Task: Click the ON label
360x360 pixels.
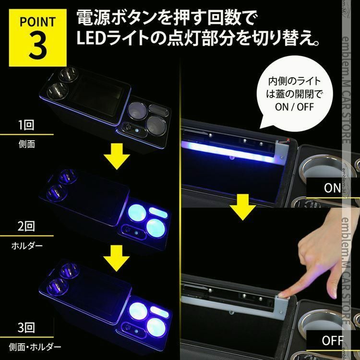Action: [x=332, y=188]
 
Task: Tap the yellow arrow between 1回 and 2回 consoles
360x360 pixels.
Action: [x=116, y=157]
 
